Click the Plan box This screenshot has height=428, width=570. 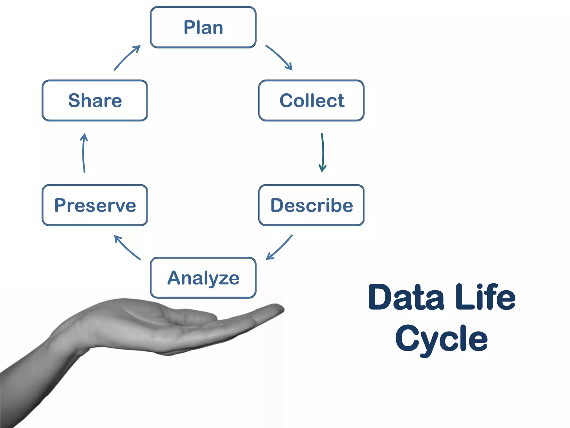(x=203, y=27)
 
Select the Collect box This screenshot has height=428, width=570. (x=311, y=101)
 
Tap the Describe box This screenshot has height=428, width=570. (x=311, y=205)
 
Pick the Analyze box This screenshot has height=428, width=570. (x=203, y=278)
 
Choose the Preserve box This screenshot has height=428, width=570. (x=95, y=205)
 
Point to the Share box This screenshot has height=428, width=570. (x=95, y=101)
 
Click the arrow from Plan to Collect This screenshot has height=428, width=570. (x=279, y=57)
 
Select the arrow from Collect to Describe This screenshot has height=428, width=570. (x=323, y=152)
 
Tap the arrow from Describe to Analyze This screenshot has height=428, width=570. (x=279, y=247)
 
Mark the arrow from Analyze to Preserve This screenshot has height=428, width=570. (x=127, y=247)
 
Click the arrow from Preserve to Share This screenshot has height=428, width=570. (x=83, y=152)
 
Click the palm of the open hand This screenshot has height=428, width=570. (x=145, y=329)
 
